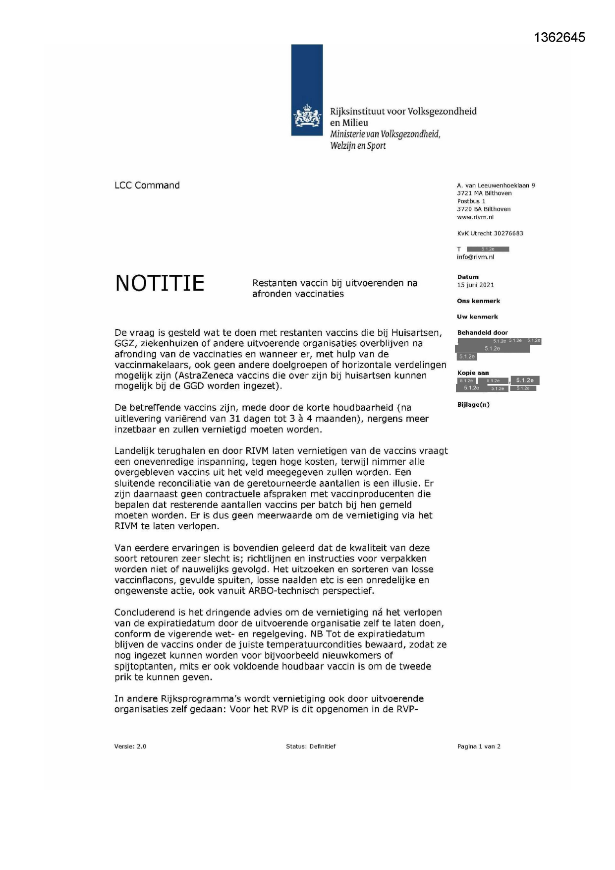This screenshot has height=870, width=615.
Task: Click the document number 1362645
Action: pos(560,37)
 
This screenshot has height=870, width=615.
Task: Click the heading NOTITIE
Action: pos(160,283)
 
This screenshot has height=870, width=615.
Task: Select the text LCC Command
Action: pos(147,186)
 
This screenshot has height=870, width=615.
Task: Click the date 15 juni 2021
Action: pos(475,285)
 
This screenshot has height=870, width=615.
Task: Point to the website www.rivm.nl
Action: pos(475,217)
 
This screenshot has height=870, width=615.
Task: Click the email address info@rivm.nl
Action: pos(475,257)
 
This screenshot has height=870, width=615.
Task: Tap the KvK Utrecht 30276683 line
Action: pos(490,233)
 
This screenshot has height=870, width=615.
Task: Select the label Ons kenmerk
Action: pos(478,301)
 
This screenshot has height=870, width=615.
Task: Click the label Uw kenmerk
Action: pos(477,317)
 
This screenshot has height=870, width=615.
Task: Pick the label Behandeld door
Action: pos(482,333)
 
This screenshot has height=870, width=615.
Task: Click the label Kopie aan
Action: pos(473,373)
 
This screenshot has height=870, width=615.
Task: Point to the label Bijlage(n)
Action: pos(473,405)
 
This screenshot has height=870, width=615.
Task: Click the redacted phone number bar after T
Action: pos(488,249)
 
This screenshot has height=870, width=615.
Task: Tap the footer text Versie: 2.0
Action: pos(130,746)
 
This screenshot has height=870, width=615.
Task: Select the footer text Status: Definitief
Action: pos(311,746)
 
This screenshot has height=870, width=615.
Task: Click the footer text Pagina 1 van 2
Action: pos(479,746)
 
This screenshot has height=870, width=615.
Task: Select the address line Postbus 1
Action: pos(471,201)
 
